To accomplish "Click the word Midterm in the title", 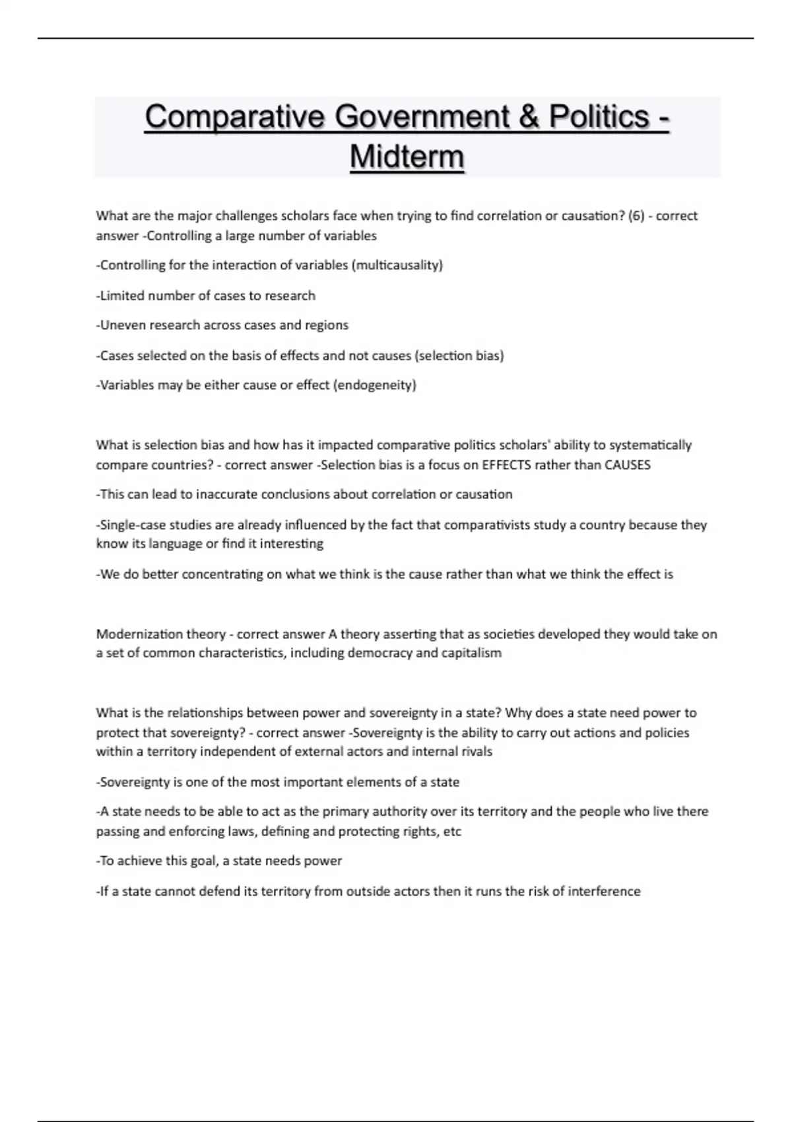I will pos(407,157).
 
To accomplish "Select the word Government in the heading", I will pos(422,117).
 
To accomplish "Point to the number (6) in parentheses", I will pos(636,216).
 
